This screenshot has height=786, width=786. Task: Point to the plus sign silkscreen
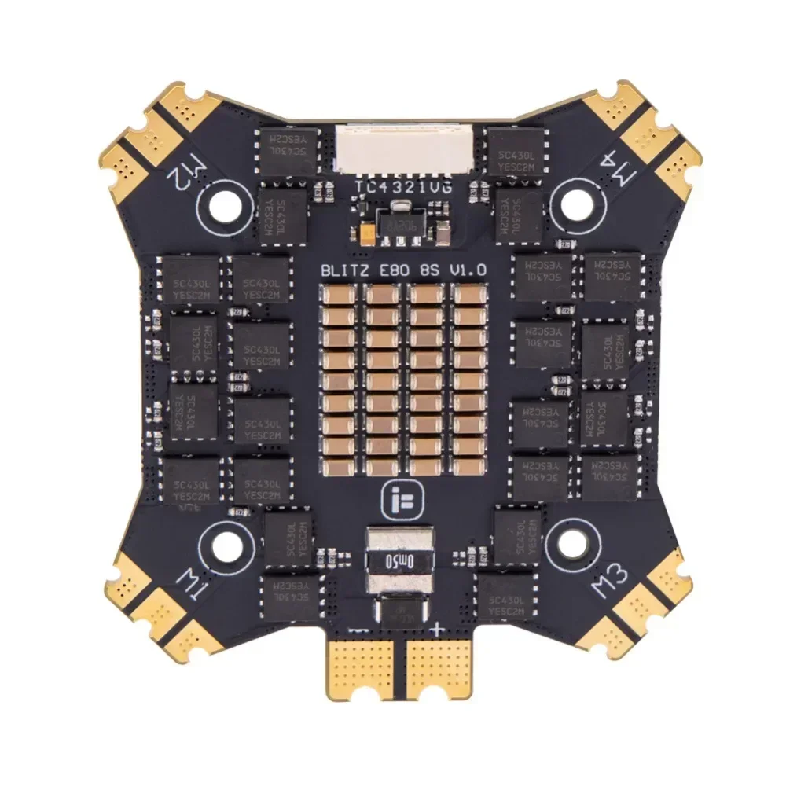pyautogui.click(x=437, y=628)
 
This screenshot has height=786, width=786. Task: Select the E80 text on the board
pyautogui.click(x=398, y=270)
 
